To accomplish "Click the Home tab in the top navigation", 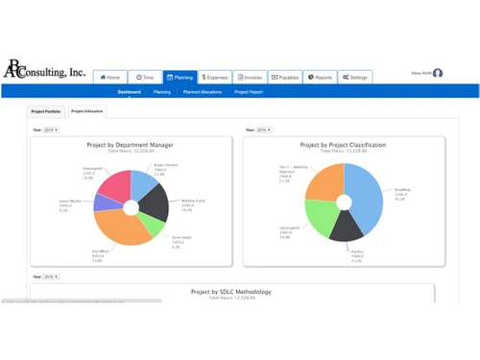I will pyautogui.click(x=110, y=77).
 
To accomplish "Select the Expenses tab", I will pyautogui.click(x=215, y=77).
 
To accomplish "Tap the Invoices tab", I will pyautogui.click(x=250, y=77).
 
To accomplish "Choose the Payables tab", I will pyautogui.click(x=285, y=77).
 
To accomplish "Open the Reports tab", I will pyautogui.click(x=320, y=77).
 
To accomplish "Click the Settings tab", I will pyautogui.click(x=354, y=77).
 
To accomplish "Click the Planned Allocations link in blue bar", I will pyautogui.click(x=204, y=92).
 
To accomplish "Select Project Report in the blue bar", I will pyautogui.click(x=249, y=92).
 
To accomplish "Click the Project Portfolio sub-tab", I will pyautogui.click(x=46, y=111).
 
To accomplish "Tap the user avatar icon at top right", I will pyautogui.click(x=438, y=73).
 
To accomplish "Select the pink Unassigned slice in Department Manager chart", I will pyautogui.click(x=111, y=184).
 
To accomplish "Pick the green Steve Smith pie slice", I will pyautogui.click(x=151, y=225).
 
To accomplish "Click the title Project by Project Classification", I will pyautogui.click(x=343, y=145).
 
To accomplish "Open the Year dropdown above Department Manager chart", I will pyautogui.click(x=51, y=129).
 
